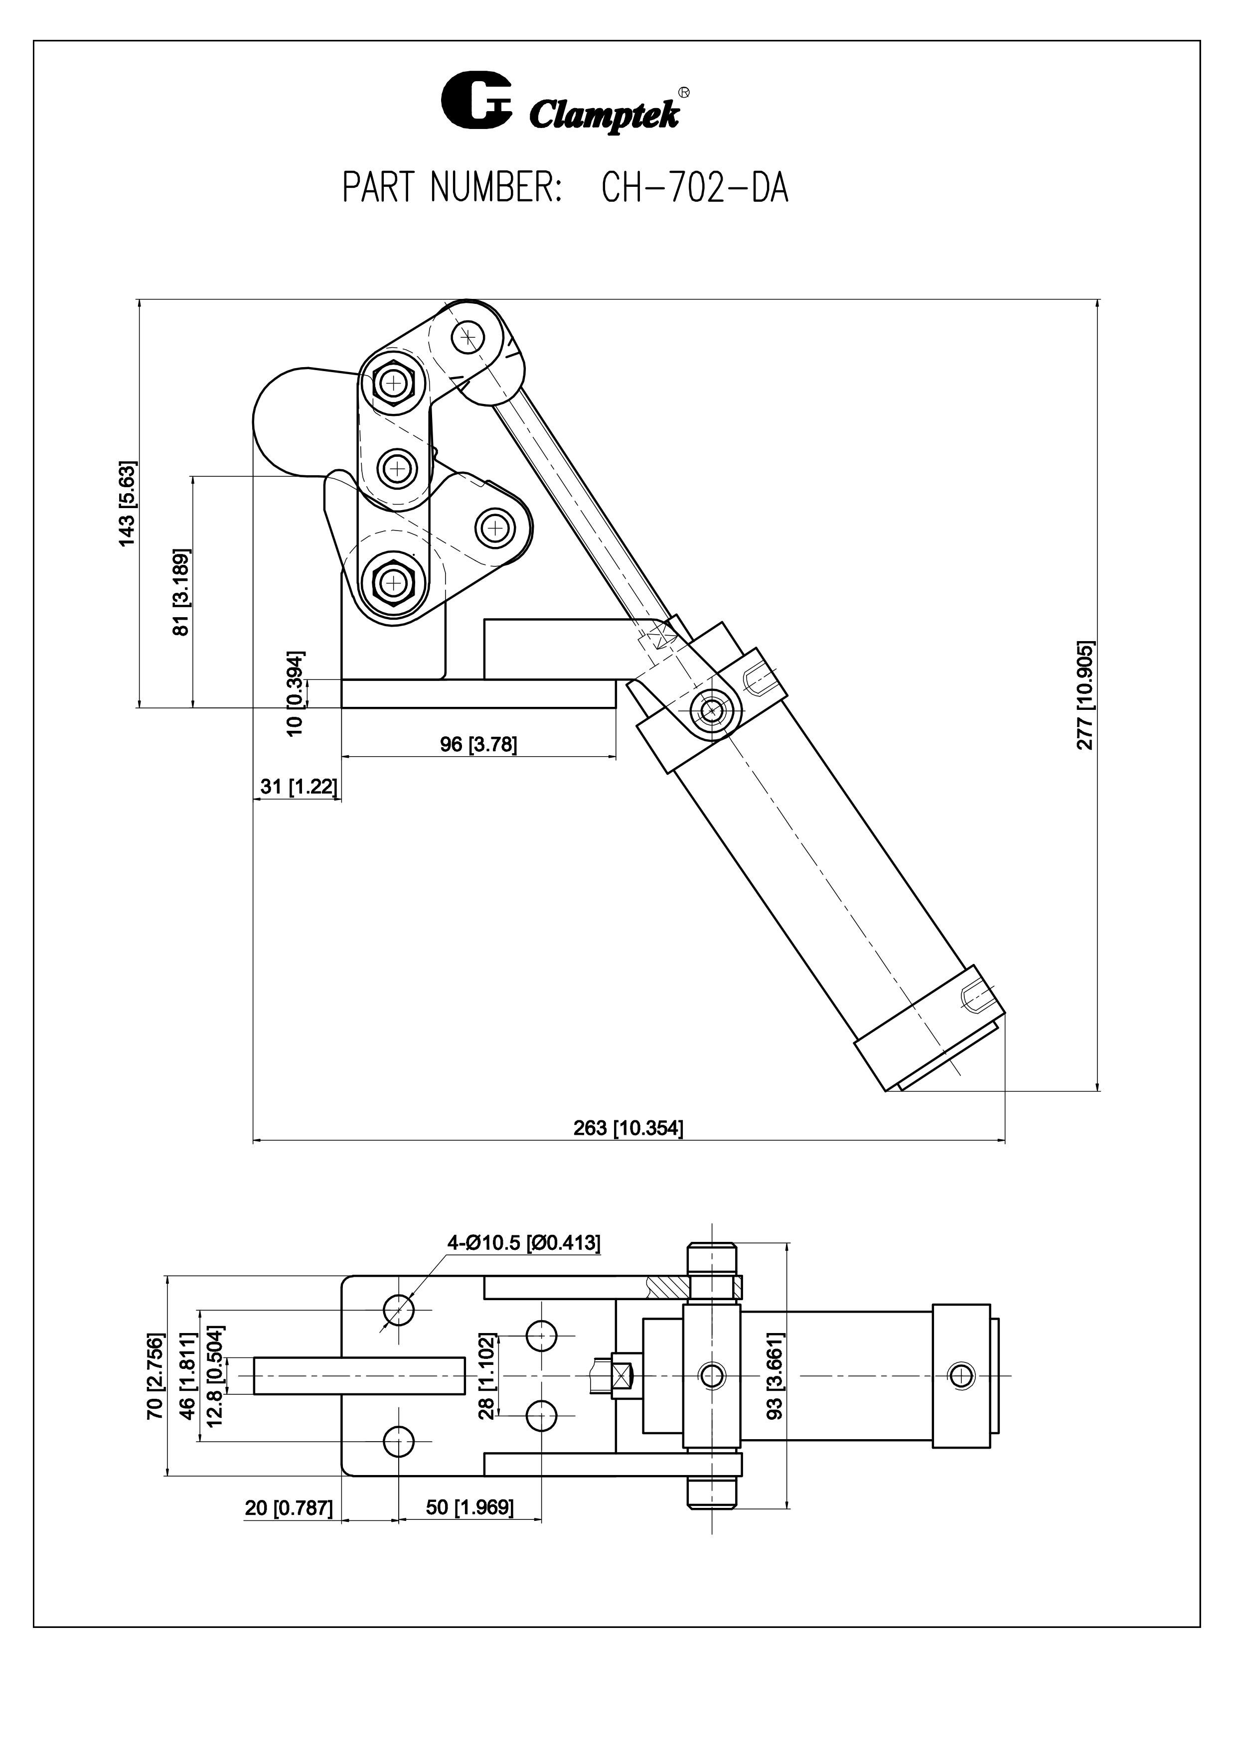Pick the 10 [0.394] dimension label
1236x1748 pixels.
pyautogui.click(x=296, y=693)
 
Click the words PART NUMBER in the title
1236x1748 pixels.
pyautogui.click(x=453, y=187)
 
